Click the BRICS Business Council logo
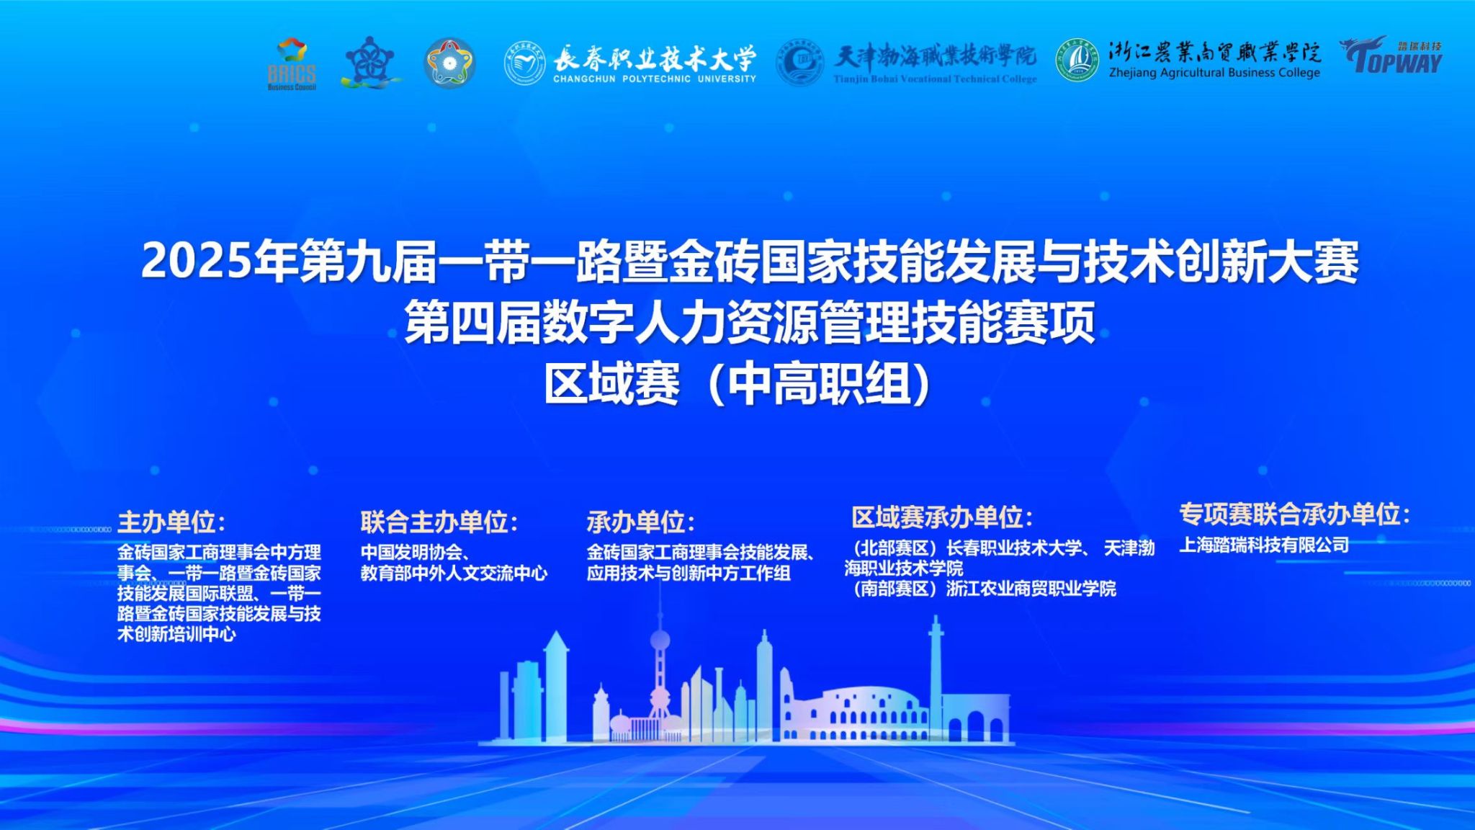[292, 64]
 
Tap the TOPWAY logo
[1391, 55]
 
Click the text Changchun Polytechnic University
[655, 79]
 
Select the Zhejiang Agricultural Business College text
[1214, 73]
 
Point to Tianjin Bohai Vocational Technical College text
[935, 79]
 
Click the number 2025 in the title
[198, 261]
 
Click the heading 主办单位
[171, 522]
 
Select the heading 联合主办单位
[439, 522]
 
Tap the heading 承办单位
[640, 522]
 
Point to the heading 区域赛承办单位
[942, 517]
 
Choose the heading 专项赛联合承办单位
[1294, 514]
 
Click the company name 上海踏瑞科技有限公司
[1264, 545]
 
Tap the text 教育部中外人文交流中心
[454, 574]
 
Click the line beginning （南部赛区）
[980, 589]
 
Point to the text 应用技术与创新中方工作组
[689, 574]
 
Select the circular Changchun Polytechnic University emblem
[524, 63]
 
